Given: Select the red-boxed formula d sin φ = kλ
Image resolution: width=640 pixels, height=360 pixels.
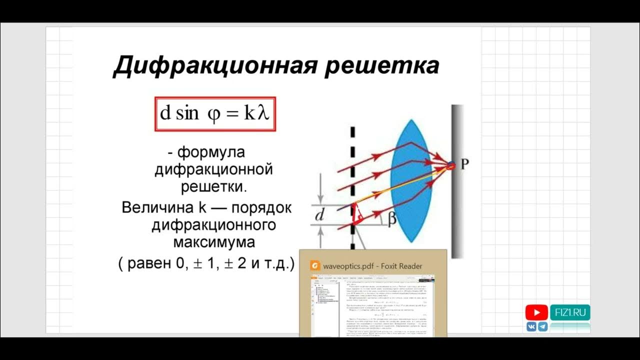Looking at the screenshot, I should click(x=215, y=113).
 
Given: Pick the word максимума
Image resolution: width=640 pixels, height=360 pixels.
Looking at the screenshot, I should click(x=214, y=242).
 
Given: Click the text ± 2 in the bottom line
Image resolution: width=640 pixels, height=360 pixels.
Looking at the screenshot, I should click(x=236, y=263).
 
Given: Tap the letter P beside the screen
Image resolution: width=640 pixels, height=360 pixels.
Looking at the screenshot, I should click(x=465, y=164).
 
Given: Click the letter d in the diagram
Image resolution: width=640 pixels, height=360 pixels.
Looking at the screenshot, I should click(x=320, y=215).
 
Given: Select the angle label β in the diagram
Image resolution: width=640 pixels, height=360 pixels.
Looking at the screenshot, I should click(x=392, y=218).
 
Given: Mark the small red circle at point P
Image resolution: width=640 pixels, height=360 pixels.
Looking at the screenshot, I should click(x=450, y=166).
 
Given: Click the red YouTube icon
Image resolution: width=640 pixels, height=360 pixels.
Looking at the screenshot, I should click(x=536, y=312).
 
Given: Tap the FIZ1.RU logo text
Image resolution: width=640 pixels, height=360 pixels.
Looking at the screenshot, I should click(x=570, y=312).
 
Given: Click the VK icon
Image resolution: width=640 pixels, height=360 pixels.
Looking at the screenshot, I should click(x=531, y=326).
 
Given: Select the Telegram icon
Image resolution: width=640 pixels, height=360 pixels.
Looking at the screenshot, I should click(x=542, y=326).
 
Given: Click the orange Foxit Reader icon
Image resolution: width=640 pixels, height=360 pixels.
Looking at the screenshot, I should click(x=315, y=265).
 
